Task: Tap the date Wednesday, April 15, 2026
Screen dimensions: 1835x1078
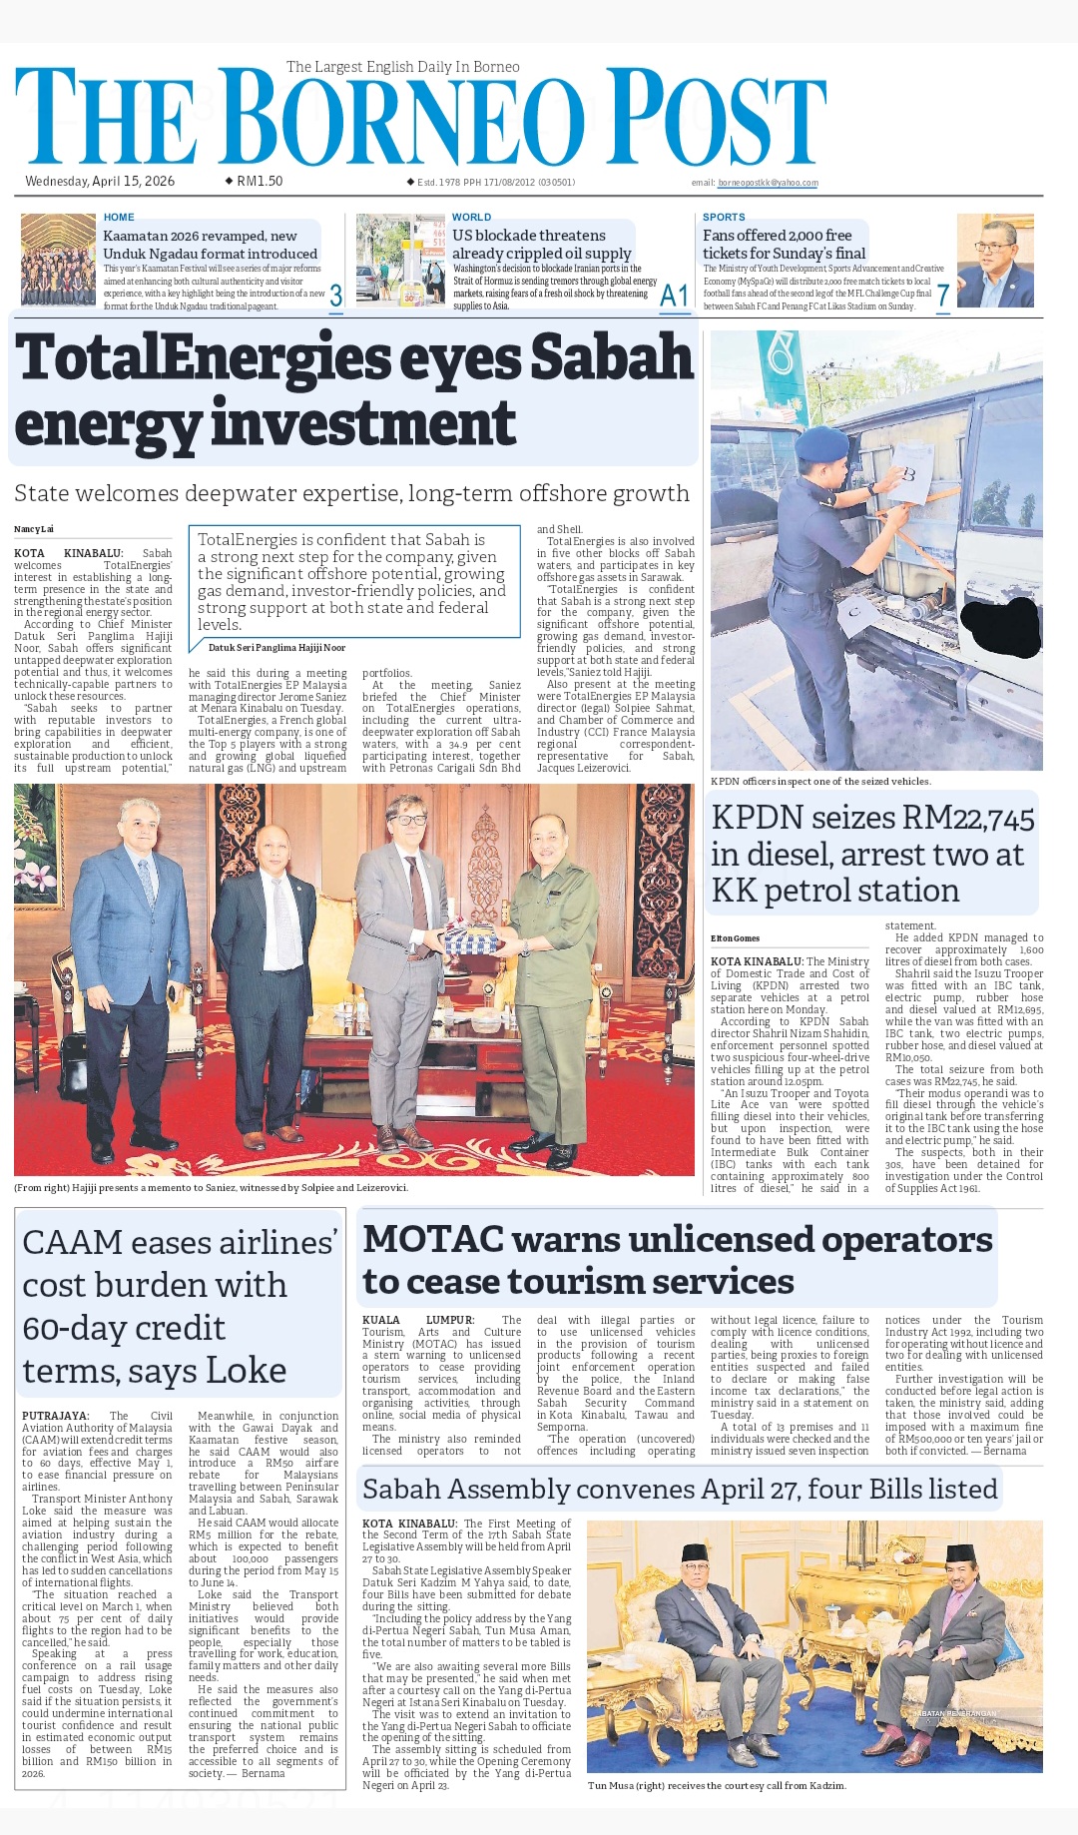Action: [100, 182]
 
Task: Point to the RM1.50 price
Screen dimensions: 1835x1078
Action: [260, 182]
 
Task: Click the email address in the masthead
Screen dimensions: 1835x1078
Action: [768, 183]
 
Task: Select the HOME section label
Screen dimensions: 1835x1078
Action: [119, 217]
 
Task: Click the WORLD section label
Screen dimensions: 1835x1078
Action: [471, 217]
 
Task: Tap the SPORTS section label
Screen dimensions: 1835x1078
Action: [724, 217]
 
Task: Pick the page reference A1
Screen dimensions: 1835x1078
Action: [675, 296]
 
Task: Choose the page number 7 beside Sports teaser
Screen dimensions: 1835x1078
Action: [942, 296]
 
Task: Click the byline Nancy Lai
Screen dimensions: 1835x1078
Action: [34, 529]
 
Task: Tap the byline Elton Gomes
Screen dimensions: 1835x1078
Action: [735, 938]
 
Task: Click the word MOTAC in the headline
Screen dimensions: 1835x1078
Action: [434, 1240]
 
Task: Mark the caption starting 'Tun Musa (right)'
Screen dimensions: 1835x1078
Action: [716, 1785]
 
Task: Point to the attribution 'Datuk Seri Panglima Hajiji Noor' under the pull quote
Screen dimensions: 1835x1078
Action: [276, 647]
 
